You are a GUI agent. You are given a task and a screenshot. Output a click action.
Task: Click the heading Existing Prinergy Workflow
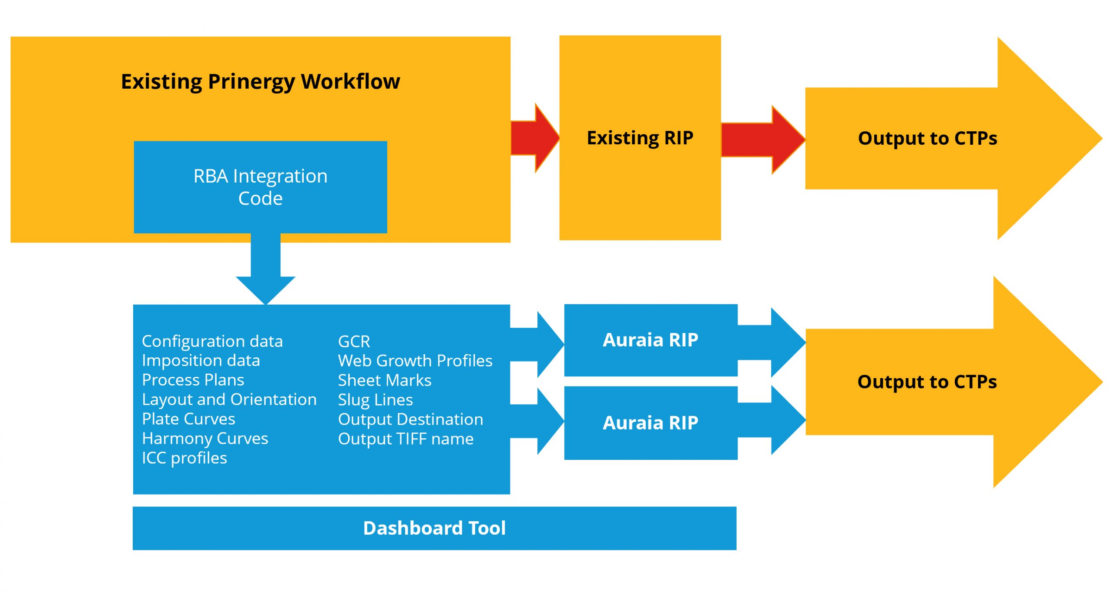pos(260,81)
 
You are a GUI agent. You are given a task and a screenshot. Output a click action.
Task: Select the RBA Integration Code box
pos(260,187)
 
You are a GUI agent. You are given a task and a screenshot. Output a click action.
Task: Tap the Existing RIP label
pos(640,138)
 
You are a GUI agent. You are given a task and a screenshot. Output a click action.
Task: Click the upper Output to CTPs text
pos(927,138)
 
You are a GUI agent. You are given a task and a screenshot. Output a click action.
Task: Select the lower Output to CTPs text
pos(926,382)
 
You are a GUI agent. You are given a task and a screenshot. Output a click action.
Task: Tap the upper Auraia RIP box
pos(650,340)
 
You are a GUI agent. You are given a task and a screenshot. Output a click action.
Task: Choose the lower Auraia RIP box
pos(650,422)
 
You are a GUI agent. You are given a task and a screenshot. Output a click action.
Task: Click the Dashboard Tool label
pos(434,528)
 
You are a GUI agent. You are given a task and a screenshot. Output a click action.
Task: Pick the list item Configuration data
pos(212,341)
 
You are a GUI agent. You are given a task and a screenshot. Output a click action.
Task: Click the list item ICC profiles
pos(185,458)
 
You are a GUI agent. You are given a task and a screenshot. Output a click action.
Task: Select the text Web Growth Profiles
pos(415,361)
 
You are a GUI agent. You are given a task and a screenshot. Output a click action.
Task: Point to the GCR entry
pos(354,342)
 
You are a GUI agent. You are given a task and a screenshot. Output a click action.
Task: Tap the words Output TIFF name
pos(406,439)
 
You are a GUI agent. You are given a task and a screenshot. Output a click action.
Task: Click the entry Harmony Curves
pos(205,439)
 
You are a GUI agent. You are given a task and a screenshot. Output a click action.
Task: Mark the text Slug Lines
pos(375,400)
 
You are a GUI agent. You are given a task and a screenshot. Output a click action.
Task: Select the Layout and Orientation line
pos(229,399)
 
